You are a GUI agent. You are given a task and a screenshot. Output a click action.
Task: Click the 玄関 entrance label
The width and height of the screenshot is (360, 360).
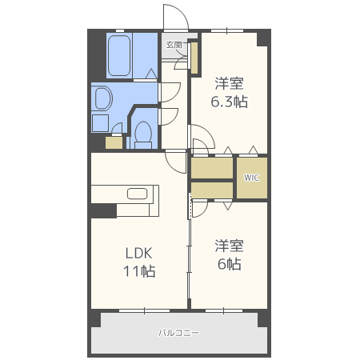(x=174, y=45)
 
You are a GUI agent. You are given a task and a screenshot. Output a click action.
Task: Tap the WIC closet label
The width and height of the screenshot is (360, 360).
(x=251, y=178)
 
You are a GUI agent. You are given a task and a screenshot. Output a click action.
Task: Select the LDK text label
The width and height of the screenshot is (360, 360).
(x=138, y=253)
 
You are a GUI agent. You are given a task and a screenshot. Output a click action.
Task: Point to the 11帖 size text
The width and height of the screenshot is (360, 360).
(x=139, y=271)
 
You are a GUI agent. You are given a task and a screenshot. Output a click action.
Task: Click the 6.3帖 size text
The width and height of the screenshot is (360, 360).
(x=230, y=102)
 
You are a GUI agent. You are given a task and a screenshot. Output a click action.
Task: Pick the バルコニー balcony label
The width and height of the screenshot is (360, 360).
(x=178, y=333)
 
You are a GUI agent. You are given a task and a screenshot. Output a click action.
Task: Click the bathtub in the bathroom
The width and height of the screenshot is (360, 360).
(x=119, y=55)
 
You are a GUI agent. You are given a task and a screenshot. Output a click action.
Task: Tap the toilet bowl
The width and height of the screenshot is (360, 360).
(x=143, y=134)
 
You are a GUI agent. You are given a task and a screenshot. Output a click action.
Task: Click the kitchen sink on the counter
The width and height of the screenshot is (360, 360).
(x=138, y=194)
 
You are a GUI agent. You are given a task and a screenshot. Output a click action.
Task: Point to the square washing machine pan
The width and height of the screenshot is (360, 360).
(x=100, y=123)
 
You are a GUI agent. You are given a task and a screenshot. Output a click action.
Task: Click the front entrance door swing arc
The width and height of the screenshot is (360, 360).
(x=182, y=11)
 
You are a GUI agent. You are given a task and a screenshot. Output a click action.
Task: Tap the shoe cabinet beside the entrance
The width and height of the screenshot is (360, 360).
(x=194, y=58)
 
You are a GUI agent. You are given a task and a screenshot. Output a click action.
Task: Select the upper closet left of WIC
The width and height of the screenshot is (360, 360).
(x=212, y=168)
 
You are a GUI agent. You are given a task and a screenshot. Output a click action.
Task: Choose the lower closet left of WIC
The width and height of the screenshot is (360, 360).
(x=212, y=190)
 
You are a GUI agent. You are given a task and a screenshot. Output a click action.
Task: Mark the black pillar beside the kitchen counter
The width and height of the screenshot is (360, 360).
(x=104, y=211)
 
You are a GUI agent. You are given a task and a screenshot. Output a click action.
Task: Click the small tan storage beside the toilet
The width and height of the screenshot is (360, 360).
(x=114, y=142)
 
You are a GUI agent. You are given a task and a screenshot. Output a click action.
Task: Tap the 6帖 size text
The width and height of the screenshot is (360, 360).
(x=230, y=264)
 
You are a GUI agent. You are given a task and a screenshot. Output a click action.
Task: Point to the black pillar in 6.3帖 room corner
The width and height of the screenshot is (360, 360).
(x=262, y=39)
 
